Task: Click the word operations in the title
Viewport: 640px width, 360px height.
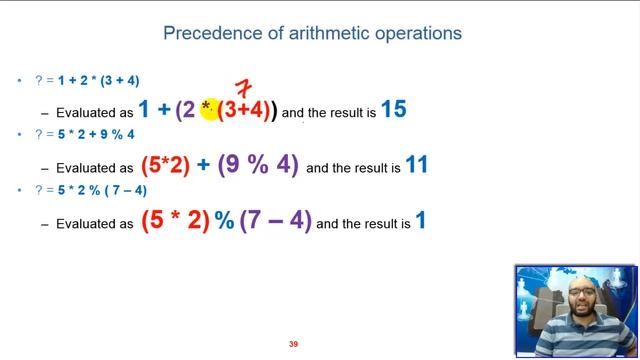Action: pyautogui.click(x=415, y=33)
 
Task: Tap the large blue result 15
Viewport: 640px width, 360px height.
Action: pyautogui.click(x=393, y=110)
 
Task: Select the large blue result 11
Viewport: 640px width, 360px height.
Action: pyautogui.click(x=416, y=165)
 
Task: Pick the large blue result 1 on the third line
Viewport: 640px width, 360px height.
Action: pyautogui.click(x=421, y=220)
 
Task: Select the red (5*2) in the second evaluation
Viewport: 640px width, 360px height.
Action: pyautogui.click(x=165, y=166)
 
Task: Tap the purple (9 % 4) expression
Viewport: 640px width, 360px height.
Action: pyautogui.click(x=258, y=166)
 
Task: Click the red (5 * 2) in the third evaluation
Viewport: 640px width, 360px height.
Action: pyautogui.click(x=175, y=221)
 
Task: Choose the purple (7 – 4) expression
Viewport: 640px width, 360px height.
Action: pyautogui.click(x=276, y=221)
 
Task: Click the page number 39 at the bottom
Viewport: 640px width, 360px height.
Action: pyautogui.click(x=293, y=344)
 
